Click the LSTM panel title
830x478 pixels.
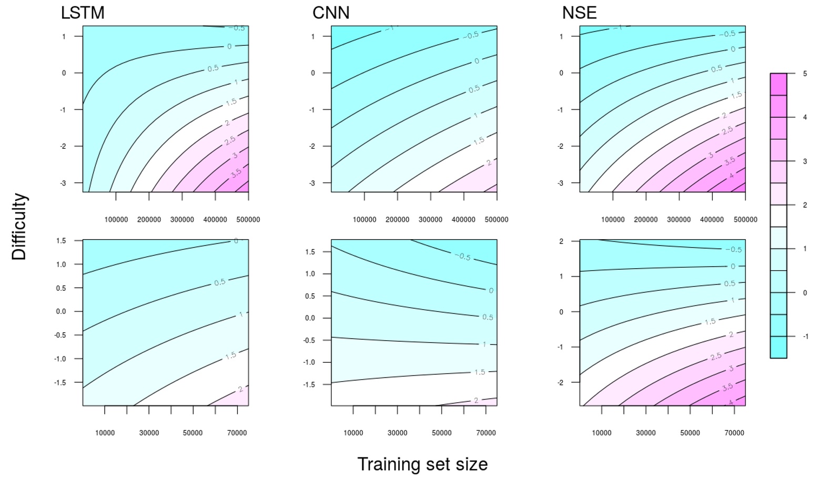coord(83,13)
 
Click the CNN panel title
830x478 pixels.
coord(331,13)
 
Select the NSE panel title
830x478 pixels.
coord(579,13)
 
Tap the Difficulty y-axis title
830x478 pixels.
coord(19,226)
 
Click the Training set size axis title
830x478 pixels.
coord(422,464)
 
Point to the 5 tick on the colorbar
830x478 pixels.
coord(805,74)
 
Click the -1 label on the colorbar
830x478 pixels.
coord(805,337)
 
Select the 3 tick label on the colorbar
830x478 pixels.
coord(805,161)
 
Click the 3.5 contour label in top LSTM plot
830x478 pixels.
coord(236,172)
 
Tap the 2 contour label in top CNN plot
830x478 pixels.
coord(489,163)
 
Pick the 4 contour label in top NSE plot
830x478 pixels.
coord(731,175)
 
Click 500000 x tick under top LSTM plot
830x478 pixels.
coord(248,220)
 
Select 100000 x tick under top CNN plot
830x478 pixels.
coord(365,220)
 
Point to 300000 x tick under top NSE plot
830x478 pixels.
coord(679,220)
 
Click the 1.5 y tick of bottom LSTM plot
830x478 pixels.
coord(61,241)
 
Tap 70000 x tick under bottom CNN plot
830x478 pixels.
coord(485,433)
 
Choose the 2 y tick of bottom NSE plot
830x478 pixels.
coord(561,241)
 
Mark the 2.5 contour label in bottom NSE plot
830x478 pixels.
coord(716,357)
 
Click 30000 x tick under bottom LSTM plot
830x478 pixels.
coord(149,433)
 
